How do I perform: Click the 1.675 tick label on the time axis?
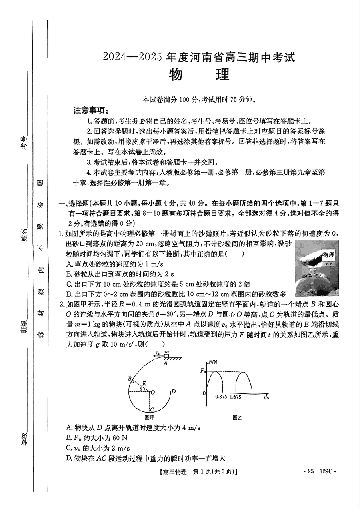[x=240, y=397]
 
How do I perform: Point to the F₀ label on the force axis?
[x=202, y=371]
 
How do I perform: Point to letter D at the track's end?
[x=173, y=391]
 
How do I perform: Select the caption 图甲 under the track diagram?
[x=149, y=417]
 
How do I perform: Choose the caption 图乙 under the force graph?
[x=237, y=417]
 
